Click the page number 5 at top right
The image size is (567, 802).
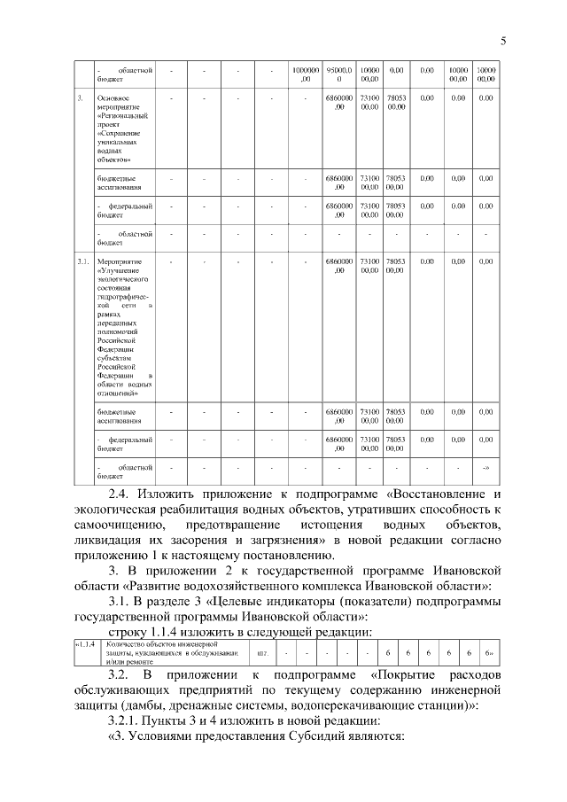coord(502,40)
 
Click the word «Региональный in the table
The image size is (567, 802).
coord(123,115)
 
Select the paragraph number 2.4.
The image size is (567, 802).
coord(121,493)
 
